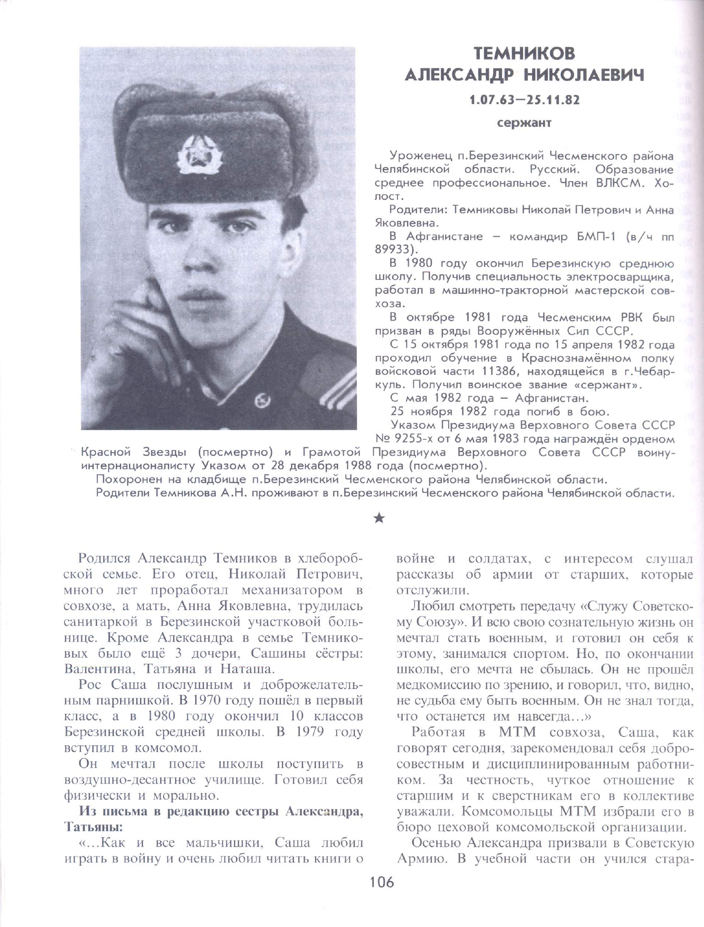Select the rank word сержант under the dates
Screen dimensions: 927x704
pyautogui.click(x=524, y=123)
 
